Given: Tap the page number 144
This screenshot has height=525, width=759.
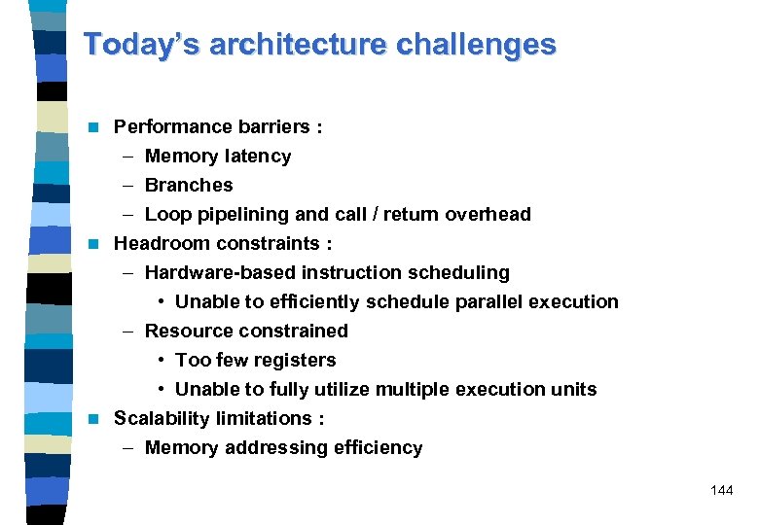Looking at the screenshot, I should click(x=721, y=490).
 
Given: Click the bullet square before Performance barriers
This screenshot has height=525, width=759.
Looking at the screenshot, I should click(x=93, y=127).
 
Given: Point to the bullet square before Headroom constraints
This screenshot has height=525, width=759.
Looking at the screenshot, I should click(x=93, y=244).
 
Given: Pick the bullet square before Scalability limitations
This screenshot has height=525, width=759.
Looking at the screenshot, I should click(x=93, y=419).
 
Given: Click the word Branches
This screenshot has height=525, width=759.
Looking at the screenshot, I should click(x=189, y=185).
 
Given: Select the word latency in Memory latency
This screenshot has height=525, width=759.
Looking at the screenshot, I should click(x=257, y=157).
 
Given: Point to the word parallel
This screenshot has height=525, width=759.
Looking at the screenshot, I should click(x=494, y=301).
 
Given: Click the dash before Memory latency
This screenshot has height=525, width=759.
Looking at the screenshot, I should click(x=128, y=157).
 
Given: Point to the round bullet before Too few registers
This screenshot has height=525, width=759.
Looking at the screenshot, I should click(x=161, y=361).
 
